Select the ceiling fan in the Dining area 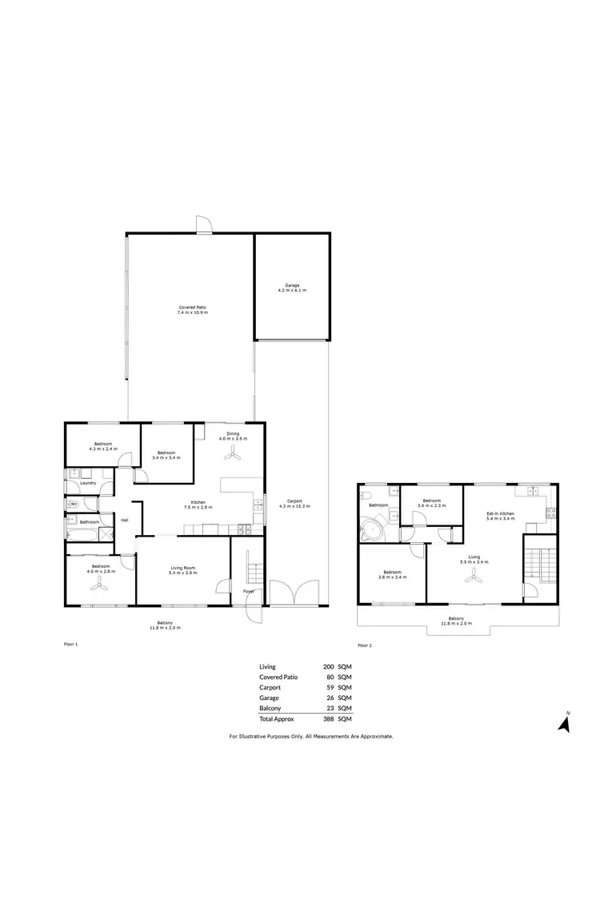point(233,454)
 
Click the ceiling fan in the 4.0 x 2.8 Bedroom point(100,585)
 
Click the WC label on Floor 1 point(73,505)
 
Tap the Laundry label point(89,482)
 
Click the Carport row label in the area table point(270,687)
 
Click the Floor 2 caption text point(365,645)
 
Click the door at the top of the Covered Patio point(204,224)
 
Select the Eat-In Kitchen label point(500,515)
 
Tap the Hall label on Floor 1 point(124,521)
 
